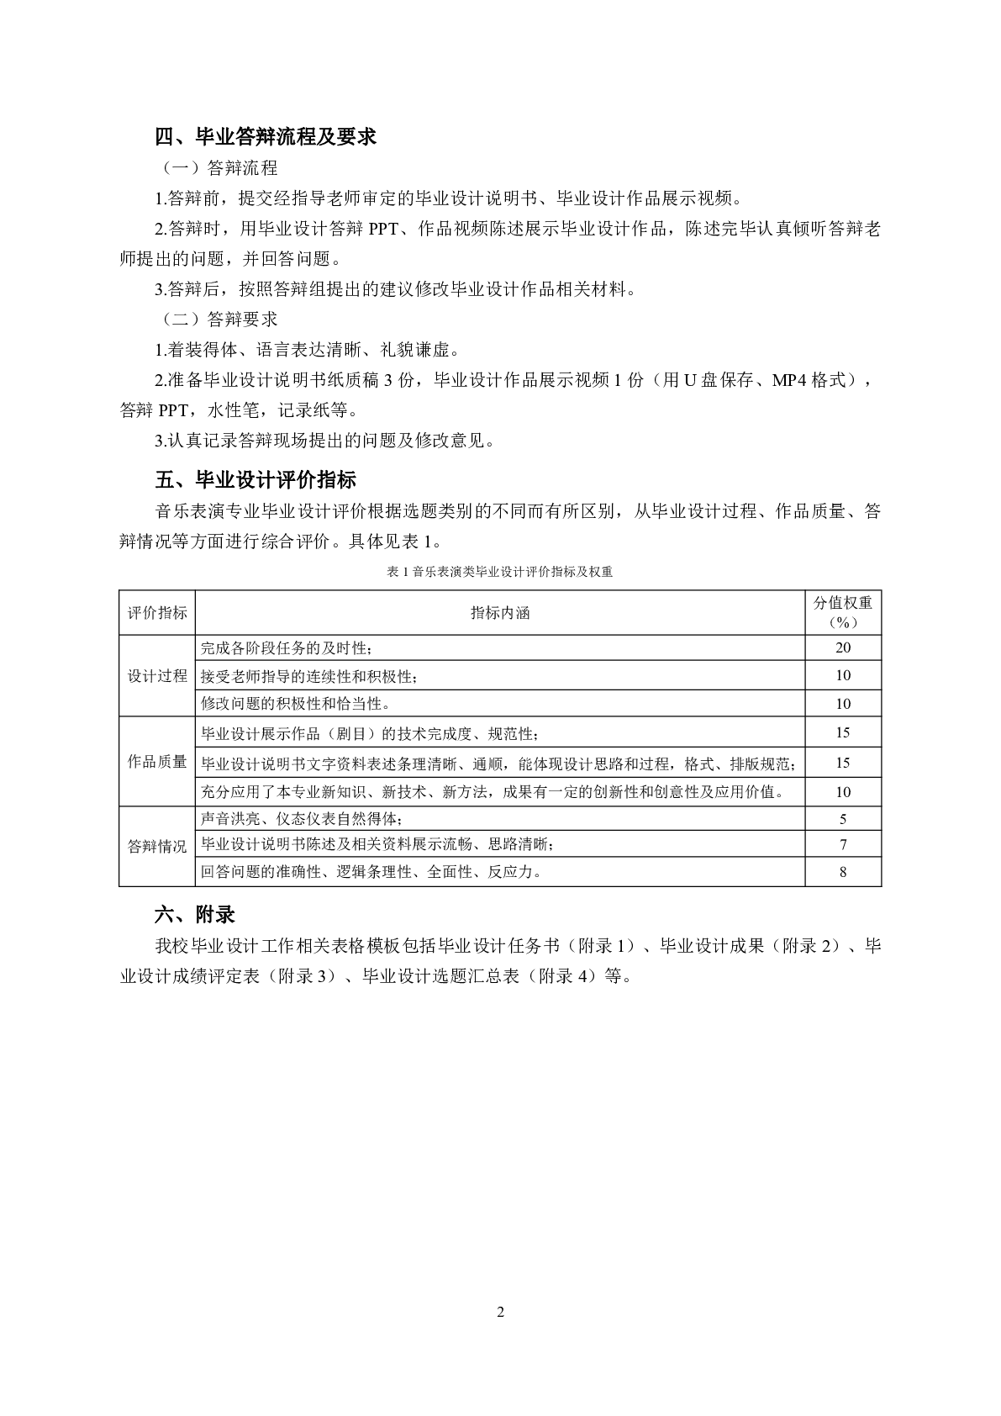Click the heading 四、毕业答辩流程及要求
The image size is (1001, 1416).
[x=266, y=137]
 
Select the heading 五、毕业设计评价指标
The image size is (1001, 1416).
[x=256, y=480]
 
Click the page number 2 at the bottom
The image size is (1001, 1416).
[x=501, y=1313]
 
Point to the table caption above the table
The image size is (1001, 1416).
[x=500, y=572]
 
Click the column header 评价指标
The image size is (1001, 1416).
[x=157, y=613]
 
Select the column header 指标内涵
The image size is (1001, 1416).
[x=500, y=613]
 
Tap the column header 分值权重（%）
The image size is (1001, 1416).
[x=843, y=612]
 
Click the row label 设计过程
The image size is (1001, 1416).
[x=157, y=676]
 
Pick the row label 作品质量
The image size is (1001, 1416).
[x=157, y=762]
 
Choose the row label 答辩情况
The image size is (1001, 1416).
[x=157, y=847]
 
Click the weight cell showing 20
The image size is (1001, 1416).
[x=843, y=647]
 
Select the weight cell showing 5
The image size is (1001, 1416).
[x=843, y=819]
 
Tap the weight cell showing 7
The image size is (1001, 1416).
[x=843, y=845]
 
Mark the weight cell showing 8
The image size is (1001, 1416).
[x=843, y=872]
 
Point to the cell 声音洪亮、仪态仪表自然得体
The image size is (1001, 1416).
[x=307, y=819]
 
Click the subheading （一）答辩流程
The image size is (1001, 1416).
[x=218, y=168]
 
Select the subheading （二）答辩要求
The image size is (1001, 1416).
[x=218, y=320]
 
